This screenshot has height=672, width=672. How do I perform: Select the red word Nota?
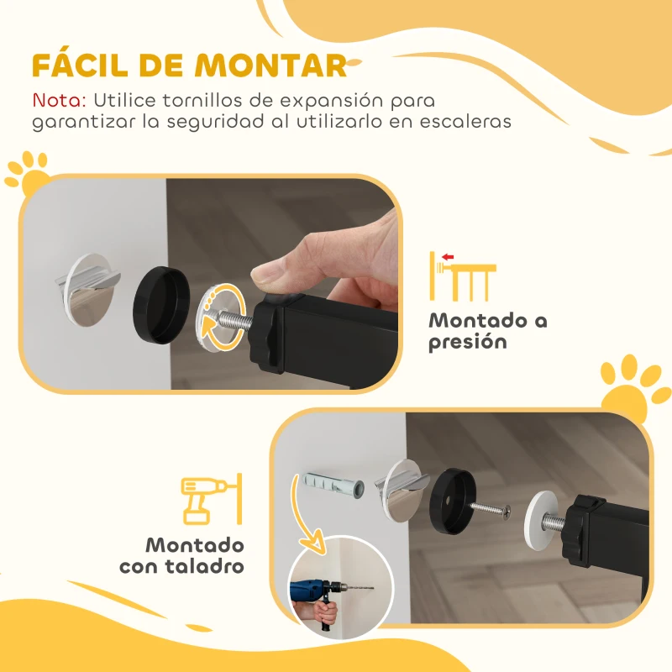59,100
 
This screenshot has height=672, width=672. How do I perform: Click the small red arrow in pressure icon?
447,256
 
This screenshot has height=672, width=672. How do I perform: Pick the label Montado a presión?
487,331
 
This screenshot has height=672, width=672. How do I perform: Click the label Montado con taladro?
181,555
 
